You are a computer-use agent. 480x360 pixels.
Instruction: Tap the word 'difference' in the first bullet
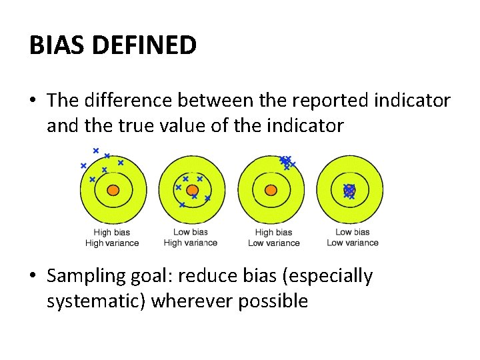point(131,101)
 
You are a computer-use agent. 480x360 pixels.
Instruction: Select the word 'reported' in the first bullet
point(312,101)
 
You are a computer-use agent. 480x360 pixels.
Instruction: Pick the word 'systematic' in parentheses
point(96,301)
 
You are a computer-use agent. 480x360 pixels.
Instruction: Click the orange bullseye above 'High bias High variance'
point(113,190)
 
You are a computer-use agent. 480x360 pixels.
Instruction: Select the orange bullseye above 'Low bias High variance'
point(192,190)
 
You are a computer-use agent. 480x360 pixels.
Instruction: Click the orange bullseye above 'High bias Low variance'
point(271,190)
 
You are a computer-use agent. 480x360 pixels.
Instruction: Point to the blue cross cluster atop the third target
point(287,161)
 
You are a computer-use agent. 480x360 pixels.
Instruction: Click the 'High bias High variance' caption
point(112,238)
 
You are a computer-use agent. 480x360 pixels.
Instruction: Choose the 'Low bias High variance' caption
point(191,238)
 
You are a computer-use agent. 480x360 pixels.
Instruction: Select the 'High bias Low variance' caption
point(273,238)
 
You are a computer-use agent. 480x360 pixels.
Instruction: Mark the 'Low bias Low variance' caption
point(352,238)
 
